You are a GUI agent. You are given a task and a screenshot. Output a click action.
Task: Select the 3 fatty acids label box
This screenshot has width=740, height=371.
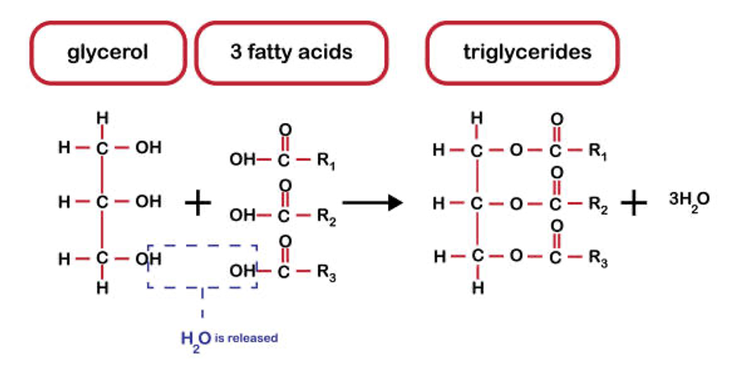(x=291, y=53)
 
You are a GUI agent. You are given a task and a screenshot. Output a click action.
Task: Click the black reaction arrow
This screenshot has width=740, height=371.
(x=372, y=202)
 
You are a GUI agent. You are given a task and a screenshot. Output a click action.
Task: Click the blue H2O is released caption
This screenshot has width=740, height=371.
(x=230, y=337)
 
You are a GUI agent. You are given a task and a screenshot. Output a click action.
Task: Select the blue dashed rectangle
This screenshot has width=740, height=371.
(x=203, y=265)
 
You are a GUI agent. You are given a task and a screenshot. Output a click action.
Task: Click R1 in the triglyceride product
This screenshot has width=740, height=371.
(x=597, y=152)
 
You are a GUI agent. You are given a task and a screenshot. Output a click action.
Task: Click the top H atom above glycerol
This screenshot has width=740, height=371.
(x=103, y=118)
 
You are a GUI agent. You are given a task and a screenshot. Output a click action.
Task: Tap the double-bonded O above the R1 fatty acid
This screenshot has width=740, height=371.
(x=285, y=130)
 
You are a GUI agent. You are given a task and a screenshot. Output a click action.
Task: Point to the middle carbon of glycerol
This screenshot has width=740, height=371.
(x=103, y=202)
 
